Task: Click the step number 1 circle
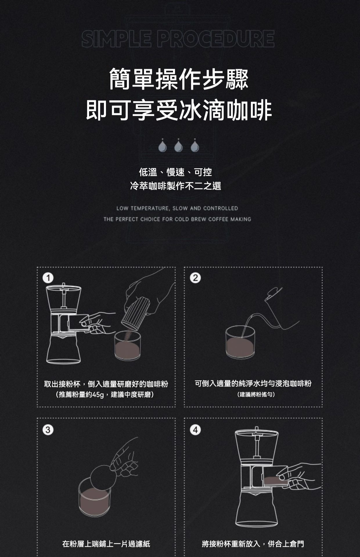(x=48, y=278)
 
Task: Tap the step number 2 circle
(x=195, y=278)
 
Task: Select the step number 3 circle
(x=48, y=430)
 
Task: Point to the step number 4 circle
(x=195, y=430)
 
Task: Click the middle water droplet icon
(x=179, y=146)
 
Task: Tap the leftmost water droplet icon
(x=162, y=146)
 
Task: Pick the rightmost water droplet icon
(x=195, y=146)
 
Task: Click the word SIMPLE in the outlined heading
(x=116, y=39)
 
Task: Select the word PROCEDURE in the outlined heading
(x=216, y=39)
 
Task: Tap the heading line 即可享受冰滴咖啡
(x=179, y=110)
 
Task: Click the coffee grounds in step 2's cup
(x=240, y=347)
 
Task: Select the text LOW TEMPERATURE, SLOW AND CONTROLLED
(x=177, y=208)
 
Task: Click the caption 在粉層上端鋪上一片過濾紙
(x=106, y=544)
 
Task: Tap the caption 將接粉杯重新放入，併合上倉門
(x=253, y=544)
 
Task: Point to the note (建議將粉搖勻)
(x=256, y=395)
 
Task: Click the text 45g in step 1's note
(x=98, y=395)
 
